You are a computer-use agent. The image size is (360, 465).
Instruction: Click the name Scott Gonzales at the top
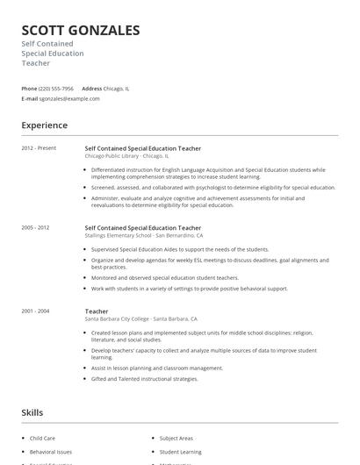tap(81, 31)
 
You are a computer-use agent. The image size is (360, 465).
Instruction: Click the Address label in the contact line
tap(91, 89)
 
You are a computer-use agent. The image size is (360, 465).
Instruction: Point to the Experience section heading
tap(45, 125)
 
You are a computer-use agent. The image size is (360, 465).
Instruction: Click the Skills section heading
tap(32, 412)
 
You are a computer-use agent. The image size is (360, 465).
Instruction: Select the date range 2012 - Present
tap(39, 148)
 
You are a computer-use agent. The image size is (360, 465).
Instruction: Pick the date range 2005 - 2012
tap(36, 228)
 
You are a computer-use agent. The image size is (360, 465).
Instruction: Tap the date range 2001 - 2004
tap(36, 311)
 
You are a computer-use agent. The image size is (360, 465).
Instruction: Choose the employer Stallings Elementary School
tap(118, 235)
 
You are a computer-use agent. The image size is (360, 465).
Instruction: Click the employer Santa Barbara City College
tap(119, 318)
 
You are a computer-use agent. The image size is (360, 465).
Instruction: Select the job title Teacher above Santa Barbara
tap(97, 311)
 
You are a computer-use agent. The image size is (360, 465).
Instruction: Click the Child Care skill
tap(42, 437)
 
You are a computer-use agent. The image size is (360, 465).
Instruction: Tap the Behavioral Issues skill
tap(51, 452)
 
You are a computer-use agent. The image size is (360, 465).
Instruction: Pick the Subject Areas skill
tap(176, 437)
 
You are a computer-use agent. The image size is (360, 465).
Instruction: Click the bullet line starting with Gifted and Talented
tap(145, 379)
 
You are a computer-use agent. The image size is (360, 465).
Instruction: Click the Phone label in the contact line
tap(29, 89)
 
